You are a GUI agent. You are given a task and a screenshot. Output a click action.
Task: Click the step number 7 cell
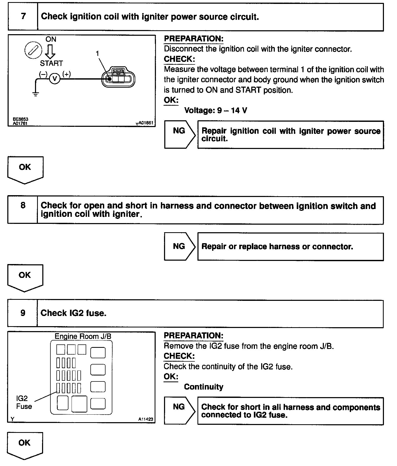pos(23,16)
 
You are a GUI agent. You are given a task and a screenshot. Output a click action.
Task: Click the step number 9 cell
pos(23,313)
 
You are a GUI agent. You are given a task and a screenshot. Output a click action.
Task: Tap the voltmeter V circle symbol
pos(55,79)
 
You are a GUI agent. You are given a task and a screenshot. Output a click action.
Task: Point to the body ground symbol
pos(35,94)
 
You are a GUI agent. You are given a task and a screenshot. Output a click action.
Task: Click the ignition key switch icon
pos(33,50)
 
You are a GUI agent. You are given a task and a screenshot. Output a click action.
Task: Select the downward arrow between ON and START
pos(50,51)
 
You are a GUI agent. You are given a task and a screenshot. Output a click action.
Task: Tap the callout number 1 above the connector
pos(97,54)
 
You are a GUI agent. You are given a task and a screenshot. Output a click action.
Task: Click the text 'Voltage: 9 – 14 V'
pos(215,110)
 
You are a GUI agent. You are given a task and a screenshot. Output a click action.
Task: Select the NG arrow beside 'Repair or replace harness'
pos(179,246)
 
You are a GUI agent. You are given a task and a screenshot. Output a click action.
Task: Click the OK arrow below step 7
pos(25,169)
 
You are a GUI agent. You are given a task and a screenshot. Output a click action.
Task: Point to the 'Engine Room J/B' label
pos(83,336)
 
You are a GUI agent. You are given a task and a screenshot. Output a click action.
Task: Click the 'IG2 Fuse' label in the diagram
pos(24,402)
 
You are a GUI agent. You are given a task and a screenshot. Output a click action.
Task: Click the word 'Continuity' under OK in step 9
pos(203,387)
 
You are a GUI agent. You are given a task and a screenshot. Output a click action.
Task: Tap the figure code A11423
pos(145,419)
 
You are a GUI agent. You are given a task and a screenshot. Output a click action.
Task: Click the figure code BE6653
pos(21,119)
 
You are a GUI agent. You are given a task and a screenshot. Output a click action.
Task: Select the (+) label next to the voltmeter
pos(67,74)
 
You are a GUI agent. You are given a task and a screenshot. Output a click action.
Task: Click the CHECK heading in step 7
pos(179,59)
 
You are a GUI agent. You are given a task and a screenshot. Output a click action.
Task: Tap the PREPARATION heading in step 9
pos(193,336)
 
